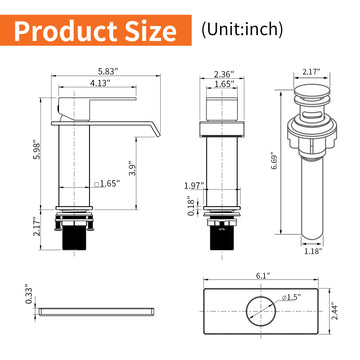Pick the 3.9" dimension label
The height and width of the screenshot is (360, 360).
[x=133, y=167]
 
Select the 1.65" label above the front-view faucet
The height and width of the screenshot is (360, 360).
[x=224, y=86]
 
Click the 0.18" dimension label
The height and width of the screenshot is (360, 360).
[x=193, y=206]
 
